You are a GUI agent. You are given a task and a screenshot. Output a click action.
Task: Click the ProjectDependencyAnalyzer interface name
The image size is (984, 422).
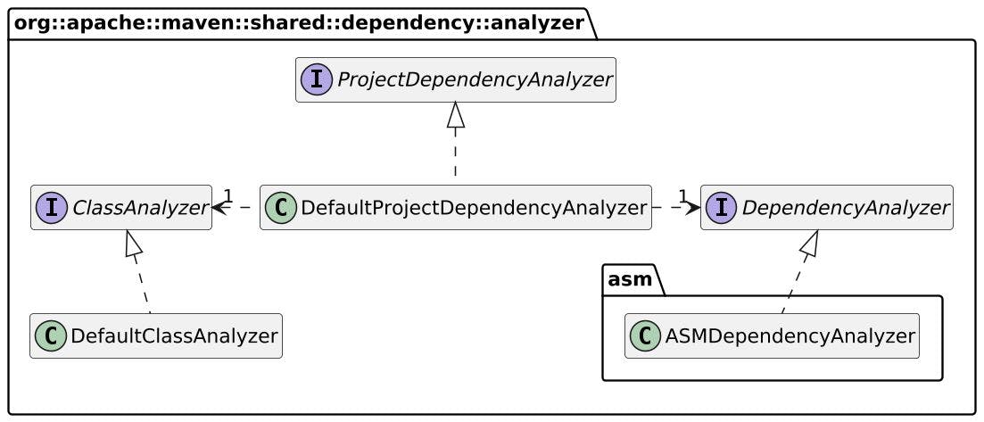pos(474,80)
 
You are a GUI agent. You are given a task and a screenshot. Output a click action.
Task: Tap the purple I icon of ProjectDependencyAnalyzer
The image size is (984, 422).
pos(317,80)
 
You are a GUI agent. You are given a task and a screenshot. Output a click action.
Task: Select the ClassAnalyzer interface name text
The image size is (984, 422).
pos(139,208)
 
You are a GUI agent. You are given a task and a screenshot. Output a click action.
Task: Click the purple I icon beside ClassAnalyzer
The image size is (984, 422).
pos(52,208)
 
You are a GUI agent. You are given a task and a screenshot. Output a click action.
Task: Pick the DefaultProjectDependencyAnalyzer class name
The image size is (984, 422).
pos(473,208)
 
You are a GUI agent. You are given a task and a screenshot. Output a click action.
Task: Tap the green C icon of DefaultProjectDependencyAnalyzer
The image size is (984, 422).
pos(281,208)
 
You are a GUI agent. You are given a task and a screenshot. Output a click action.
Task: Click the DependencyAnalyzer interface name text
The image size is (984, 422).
pos(845,208)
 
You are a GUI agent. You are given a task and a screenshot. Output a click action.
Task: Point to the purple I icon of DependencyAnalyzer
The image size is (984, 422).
pos(722,208)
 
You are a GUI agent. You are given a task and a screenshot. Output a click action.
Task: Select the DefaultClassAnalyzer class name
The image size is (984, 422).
pos(174,336)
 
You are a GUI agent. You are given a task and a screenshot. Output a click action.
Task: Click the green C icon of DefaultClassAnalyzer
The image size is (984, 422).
pos(51,336)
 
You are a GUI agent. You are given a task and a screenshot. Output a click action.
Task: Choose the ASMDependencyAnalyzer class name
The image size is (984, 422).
pos(790,336)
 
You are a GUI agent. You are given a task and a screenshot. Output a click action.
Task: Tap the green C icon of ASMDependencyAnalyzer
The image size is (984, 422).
pos(646,336)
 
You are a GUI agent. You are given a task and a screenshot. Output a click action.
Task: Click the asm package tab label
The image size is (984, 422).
pos(629,279)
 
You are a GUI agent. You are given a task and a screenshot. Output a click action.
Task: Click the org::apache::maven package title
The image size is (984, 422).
pos(298,22)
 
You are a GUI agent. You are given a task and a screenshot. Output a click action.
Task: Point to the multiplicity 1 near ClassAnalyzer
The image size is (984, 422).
pos(228,195)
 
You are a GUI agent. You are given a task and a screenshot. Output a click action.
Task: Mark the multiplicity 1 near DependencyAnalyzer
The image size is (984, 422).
pos(682,195)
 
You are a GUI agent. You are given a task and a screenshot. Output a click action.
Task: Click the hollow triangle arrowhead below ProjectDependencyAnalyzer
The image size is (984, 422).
pos(456,113)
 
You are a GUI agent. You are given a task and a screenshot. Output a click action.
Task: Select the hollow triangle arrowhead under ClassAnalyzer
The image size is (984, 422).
pos(132,242)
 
